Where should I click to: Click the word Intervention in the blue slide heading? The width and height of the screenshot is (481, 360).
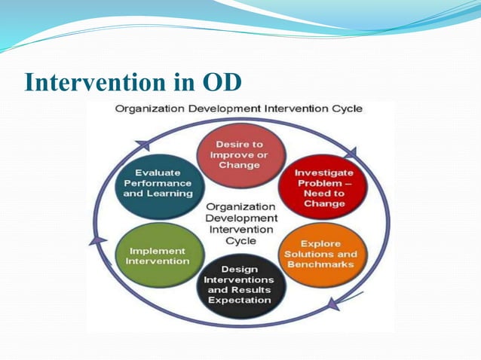98,83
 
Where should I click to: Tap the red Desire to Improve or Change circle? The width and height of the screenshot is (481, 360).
239,154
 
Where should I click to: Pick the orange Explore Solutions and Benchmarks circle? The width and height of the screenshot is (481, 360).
320,255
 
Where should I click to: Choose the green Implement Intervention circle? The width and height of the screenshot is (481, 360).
158,255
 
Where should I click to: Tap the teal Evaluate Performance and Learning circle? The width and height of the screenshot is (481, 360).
158,183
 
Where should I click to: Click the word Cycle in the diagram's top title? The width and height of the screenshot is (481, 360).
346,108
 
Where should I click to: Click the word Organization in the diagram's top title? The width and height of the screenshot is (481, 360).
148,108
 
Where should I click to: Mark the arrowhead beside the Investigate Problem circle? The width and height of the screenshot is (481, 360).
350,154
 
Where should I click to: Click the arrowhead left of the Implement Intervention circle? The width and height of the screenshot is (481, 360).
98,240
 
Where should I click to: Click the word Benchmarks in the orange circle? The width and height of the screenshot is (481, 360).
320,265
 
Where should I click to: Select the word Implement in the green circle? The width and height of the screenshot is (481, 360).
158,250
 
